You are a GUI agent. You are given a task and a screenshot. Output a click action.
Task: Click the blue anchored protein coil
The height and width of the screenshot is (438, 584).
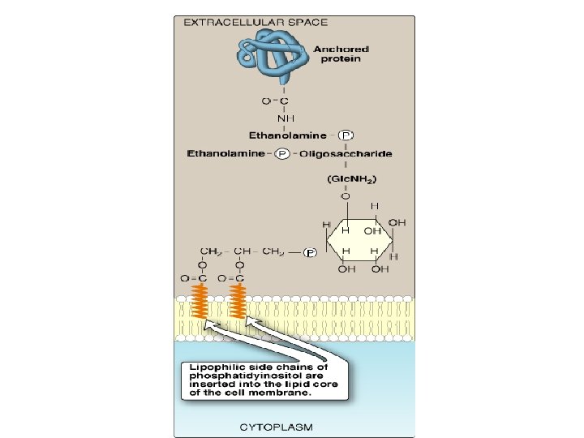(x=273, y=54)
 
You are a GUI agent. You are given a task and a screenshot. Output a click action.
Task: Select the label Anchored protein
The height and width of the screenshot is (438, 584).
(x=341, y=54)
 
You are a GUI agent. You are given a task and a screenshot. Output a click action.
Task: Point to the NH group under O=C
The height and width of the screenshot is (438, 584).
(x=286, y=118)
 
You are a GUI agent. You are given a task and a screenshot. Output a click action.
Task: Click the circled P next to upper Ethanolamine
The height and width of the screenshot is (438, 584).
(x=346, y=135)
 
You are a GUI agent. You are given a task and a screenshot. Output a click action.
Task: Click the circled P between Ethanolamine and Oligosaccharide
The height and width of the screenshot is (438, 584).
(x=282, y=153)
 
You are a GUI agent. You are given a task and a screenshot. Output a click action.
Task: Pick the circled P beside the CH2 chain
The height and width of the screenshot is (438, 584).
(x=310, y=253)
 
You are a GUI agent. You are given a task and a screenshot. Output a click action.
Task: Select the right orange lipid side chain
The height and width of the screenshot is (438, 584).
(x=238, y=301)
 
